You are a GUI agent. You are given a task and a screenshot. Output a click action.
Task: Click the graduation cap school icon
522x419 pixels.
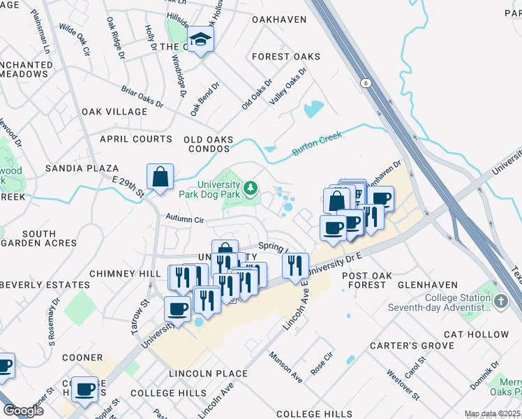pos(201,41)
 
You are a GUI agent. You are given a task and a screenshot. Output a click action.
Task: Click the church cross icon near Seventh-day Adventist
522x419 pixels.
pos(500,300)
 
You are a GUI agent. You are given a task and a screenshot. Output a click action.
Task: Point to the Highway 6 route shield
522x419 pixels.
pos(365,83)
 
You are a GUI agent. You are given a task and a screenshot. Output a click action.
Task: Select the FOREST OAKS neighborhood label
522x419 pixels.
pos(286,57)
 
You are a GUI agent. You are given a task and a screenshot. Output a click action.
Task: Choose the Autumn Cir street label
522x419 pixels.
pos(184,219)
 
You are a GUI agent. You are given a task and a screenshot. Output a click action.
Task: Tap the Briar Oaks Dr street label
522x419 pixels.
pos(142,96)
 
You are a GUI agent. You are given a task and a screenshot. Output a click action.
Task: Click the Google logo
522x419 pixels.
pos(23,411)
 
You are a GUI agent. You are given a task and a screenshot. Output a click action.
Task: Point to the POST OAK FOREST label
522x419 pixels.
pos(364,280)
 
